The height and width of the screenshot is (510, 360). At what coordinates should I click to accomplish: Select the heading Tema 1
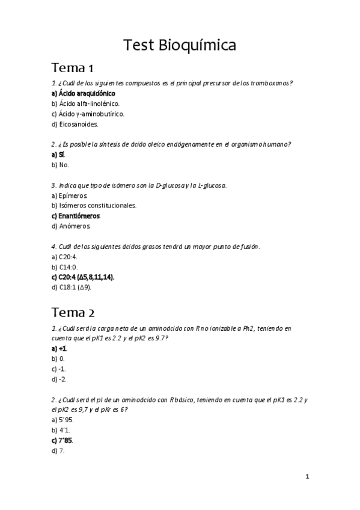[72, 67]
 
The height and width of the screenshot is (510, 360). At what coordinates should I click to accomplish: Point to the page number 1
[307, 477]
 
